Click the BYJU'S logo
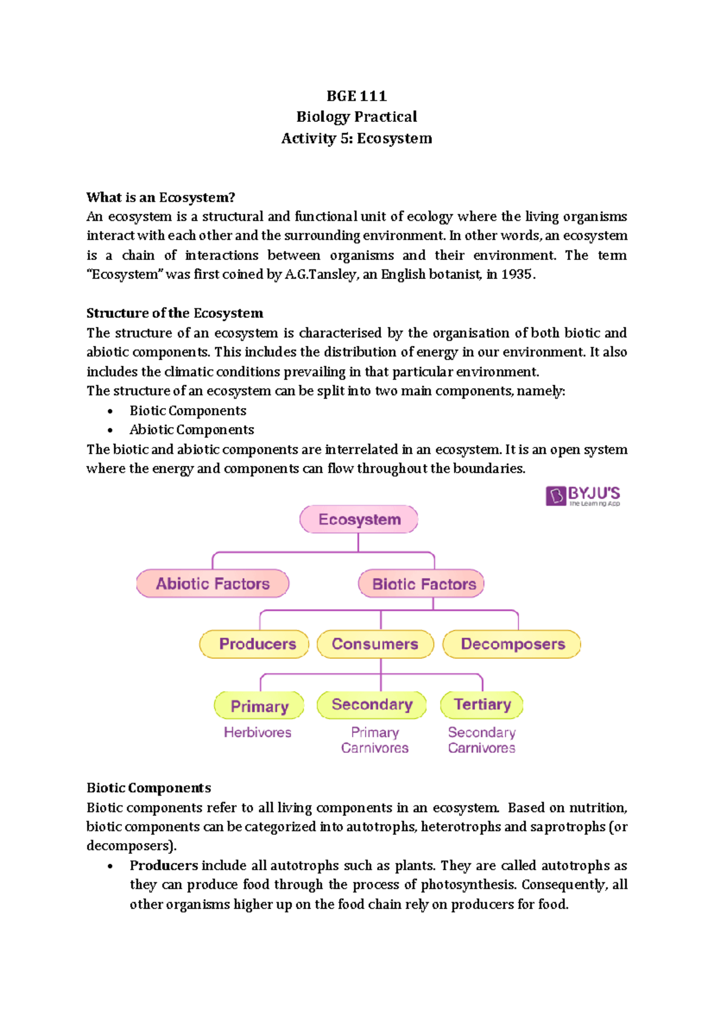click(x=583, y=496)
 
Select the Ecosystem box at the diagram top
click(x=359, y=519)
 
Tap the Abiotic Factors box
click(x=212, y=584)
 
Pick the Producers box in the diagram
click(x=255, y=644)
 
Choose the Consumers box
click(x=375, y=644)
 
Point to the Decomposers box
click(x=512, y=644)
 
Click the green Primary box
click(x=259, y=706)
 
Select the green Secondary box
click(x=372, y=704)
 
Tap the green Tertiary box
click(x=482, y=704)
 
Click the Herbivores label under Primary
click(x=258, y=732)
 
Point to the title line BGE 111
click(x=356, y=96)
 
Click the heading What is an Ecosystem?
click(x=161, y=197)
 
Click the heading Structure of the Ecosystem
click(x=174, y=313)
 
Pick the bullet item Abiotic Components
click(x=192, y=430)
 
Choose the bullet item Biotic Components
click(x=187, y=411)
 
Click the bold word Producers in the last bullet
click(x=164, y=865)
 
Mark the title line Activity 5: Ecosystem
click(x=356, y=138)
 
